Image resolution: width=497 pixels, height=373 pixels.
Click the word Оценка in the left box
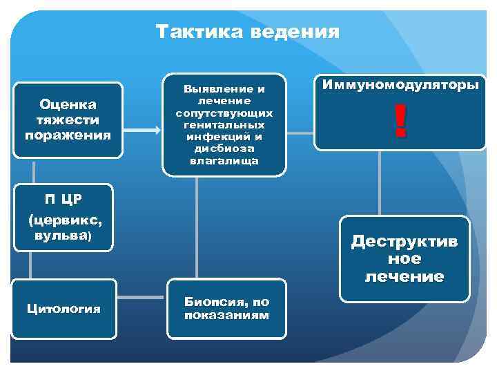(68, 104)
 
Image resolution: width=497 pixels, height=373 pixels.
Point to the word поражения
(68, 134)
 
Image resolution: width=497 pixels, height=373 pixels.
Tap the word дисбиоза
(224, 149)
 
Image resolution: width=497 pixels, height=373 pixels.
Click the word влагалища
(224, 160)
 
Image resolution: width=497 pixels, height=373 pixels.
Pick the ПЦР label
(63, 199)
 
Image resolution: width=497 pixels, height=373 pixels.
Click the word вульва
(61, 235)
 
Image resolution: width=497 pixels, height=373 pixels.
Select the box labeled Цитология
(64, 308)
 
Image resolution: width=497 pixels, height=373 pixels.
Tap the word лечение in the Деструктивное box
(405, 277)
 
